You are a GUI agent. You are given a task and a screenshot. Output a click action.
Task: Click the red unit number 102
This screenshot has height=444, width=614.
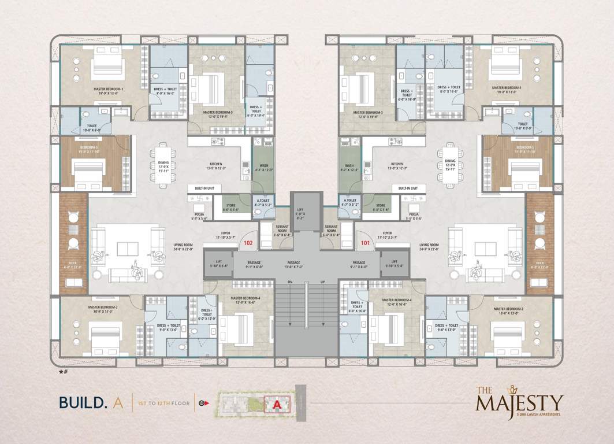(x=248, y=243)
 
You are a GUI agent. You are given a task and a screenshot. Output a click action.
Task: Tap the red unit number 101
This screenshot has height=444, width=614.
(x=365, y=243)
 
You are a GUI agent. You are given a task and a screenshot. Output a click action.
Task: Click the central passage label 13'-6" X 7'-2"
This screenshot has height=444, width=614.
(x=307, y=265)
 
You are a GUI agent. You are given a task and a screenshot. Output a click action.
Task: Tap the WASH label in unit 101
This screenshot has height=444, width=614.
(x=349, y=166)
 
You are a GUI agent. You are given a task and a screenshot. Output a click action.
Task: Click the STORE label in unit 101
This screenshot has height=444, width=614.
(x=381, y=207)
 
